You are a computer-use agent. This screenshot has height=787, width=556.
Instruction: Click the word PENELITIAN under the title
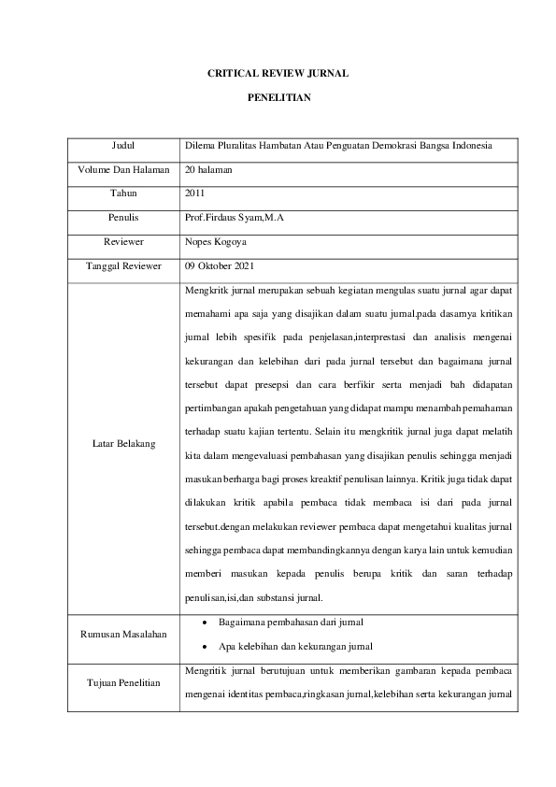tap(278, 96)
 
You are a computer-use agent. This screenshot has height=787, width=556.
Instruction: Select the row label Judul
tap(123, 147)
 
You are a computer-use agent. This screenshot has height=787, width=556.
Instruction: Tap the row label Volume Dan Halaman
tap(123, 170)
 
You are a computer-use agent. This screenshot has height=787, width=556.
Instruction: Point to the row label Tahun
tap(123, 193)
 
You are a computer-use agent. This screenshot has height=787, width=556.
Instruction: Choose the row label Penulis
tap(123, 218)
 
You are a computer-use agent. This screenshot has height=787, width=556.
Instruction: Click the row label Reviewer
tap(123, 241)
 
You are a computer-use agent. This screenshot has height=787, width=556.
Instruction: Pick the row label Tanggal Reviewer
tap(123, 265)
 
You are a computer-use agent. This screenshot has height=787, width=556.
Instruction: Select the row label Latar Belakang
tap(123, 441)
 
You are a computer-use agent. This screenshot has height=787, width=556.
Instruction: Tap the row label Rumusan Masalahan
tap(123, 635)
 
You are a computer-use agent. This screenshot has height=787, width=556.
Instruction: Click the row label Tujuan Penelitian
tap(123, 682)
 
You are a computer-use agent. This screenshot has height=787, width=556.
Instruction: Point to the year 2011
tap(195, 193)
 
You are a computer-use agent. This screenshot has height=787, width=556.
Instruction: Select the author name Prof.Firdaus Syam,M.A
tap(234, 218)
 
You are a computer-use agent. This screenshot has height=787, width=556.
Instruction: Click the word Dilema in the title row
tap(201, 147)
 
